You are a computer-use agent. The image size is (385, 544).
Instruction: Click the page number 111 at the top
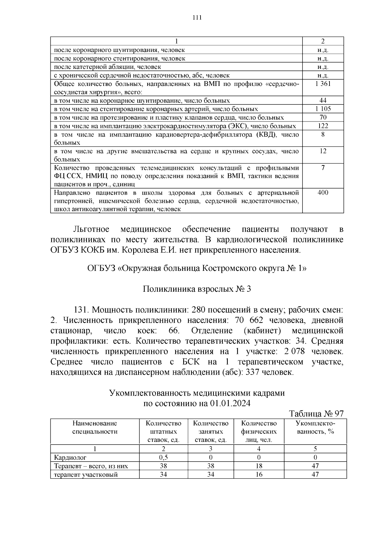(197, 18)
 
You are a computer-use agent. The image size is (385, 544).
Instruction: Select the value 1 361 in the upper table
(323, 84)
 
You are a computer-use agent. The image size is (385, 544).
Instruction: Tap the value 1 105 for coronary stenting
(323, 109)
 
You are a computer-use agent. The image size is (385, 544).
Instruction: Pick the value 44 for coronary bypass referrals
(323, 100)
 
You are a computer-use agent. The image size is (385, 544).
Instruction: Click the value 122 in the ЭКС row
(323, 126)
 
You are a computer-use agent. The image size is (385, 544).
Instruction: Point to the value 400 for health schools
(323, 192)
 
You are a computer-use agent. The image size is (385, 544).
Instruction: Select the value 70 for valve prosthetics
(323, 117)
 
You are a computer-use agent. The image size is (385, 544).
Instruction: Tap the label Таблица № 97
(316, 414)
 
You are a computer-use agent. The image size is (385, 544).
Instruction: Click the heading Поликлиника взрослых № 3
(197, 289)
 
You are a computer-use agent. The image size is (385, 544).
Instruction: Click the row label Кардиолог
(70, 457)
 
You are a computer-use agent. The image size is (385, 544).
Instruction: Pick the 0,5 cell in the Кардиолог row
(163, 457)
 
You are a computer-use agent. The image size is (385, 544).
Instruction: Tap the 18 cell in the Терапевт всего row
(259, 466)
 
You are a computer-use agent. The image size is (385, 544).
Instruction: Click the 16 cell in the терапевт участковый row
(259, 474)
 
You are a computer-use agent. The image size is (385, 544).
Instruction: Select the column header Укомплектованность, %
(315, 427)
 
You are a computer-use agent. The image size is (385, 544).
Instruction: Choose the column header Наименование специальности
(95, 427)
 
